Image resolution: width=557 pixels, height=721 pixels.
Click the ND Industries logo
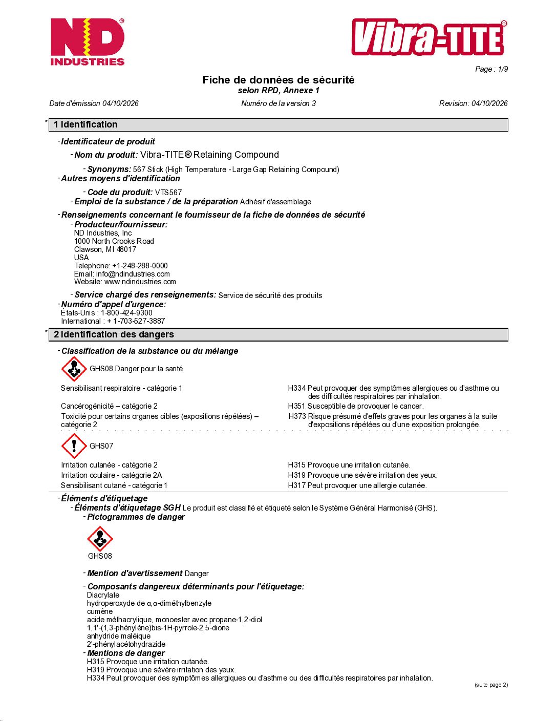click(88, 42)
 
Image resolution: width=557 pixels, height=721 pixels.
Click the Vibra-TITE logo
click(429, 37)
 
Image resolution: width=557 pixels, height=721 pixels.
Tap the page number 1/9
click(503, 69)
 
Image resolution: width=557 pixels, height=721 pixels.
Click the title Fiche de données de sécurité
click(278, 80)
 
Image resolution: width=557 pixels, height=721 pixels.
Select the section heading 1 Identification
click(85, 124)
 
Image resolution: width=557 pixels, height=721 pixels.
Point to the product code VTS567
click(168, 193)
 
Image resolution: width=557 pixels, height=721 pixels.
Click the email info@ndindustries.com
click(133, 274)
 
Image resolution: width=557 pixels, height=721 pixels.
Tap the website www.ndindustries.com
click(140, 282)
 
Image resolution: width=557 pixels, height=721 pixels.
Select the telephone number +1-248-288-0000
click(140, 266)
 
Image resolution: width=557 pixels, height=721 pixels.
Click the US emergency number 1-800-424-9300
click(126, 313)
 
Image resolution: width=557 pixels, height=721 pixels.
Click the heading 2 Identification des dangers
click(114, 334)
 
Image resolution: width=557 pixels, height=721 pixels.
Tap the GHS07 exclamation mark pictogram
click(74, 446)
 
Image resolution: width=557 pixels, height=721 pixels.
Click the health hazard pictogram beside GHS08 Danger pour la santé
click(74, 369)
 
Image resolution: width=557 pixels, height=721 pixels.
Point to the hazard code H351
click(296, 406)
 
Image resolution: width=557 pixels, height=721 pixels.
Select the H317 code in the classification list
click(296, 485)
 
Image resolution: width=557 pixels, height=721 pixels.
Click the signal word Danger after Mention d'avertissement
click(197, 574)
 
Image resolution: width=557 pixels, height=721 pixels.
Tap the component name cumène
click(100, 611)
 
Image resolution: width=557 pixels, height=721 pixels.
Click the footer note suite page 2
click(491, 685)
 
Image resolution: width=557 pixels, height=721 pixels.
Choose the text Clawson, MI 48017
click(105, 249)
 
